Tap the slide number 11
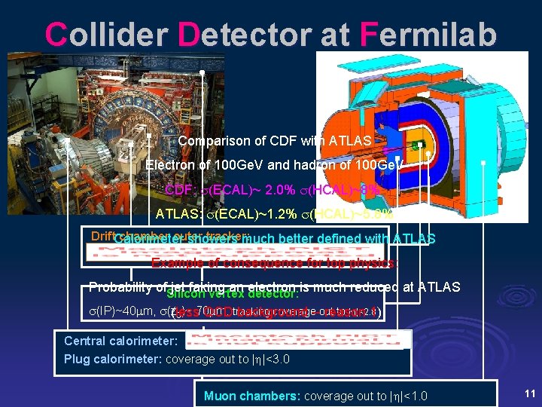[x=529, y=393]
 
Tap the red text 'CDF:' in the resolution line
[x=179, y=190]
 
